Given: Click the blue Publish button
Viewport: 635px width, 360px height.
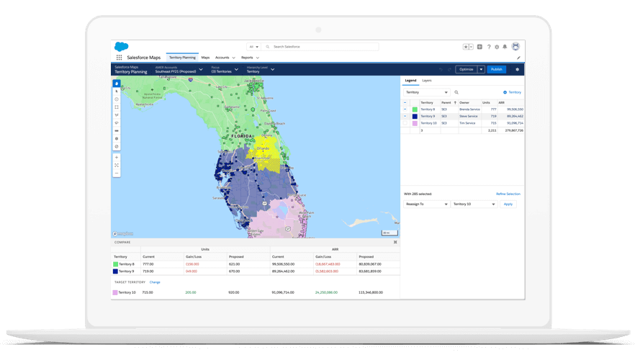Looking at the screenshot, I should (x=496, y=70).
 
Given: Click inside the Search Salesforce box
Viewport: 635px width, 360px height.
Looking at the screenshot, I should (x=320, y=47).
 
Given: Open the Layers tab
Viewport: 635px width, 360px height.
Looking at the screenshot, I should (x=427, y=81).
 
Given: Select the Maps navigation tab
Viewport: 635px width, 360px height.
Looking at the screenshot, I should (x=205, y=58).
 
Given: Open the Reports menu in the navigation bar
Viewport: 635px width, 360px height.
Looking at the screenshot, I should (x=249, y=58).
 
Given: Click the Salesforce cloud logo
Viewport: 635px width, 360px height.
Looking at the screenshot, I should (x=121, y=47).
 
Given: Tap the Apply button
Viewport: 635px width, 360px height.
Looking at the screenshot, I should (x=508, y=204).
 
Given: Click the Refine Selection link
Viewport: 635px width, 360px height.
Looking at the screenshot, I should (x=508, y=194).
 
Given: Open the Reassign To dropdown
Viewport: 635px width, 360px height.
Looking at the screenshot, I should (x=425, y=204).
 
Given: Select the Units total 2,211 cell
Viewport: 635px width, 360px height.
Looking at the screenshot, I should (x=492, y=130).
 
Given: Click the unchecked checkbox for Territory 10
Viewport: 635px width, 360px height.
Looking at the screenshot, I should (x=405, y=123).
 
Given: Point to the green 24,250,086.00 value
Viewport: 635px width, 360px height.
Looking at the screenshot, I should (x=327, y=292).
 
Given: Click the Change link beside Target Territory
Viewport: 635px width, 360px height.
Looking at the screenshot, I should (x=155, y=282).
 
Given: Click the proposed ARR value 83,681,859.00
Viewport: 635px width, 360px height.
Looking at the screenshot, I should (x=369, y=271).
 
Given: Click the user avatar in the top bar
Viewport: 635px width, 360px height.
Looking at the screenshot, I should (x=515, y=47).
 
